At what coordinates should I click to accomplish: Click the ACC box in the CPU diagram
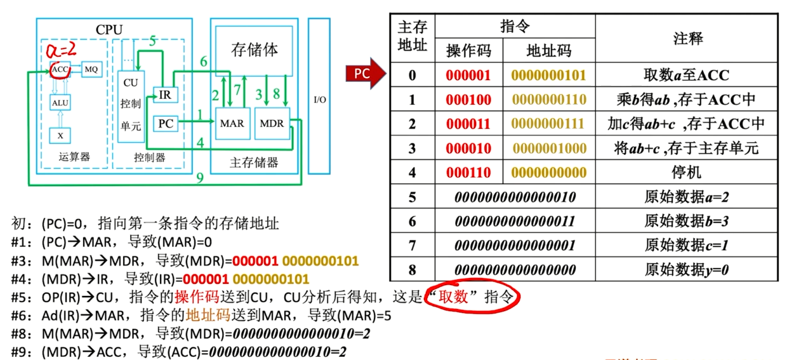(x=60, y=69)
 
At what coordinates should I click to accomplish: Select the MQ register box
(x=91, y=69)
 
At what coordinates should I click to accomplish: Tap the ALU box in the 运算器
(x=60, y=102)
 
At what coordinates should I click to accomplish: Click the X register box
(x=60, y=135)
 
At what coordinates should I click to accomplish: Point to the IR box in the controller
(x=165, y=95)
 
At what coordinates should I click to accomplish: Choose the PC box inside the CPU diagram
(x=166, y=123)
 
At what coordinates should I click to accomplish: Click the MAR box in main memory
(x=232, y=123)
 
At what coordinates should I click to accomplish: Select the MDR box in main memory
(x=272, y=123)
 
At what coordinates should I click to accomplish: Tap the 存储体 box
(x=255, y=50)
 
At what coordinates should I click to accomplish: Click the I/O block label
(x=320, y=100)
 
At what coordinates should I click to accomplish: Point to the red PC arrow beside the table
(x=364, y=74)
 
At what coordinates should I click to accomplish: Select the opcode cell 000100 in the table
(x=468, y=100)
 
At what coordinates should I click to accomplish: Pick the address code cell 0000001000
(x=548, y=149)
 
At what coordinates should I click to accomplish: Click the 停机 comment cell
(x=687, y=173)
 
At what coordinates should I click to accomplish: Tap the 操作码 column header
(x=468, y=51)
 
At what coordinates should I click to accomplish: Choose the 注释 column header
(x=687, y=38)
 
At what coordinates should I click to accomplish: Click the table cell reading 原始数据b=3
(x=687, y=221)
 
